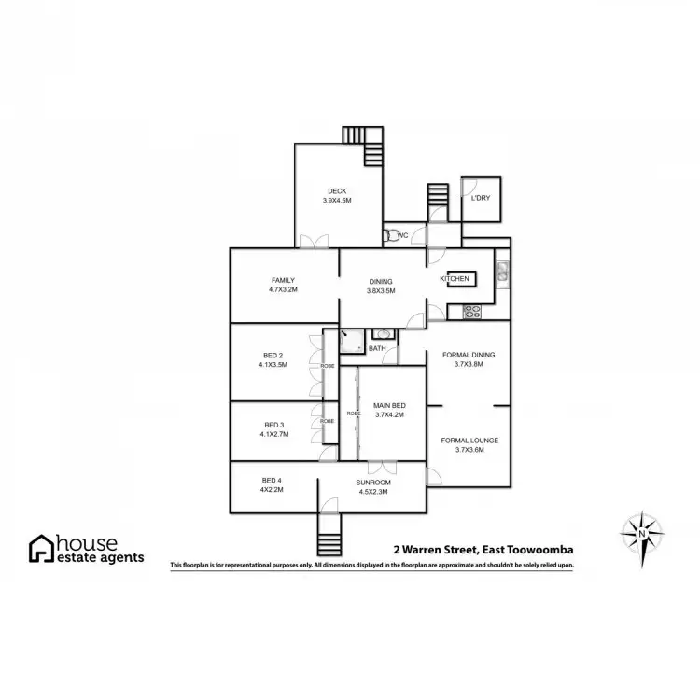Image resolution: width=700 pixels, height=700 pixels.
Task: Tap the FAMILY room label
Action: click(284, 280)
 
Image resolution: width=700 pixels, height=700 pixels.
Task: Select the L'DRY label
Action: click(481, 198)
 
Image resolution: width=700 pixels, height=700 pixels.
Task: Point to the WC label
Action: click(403, 235)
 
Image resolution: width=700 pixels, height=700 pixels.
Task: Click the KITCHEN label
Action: click(454, 279)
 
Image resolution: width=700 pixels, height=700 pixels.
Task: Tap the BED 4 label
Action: click(271, 481)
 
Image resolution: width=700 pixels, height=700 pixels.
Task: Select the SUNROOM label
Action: click(372, 482)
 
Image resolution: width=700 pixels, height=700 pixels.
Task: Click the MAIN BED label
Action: click(388, 406)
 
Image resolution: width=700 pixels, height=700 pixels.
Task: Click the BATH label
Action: click(377, 348)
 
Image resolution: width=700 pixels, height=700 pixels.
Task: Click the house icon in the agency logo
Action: click(41, 548)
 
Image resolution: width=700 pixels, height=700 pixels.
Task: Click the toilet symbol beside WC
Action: click(392, 235)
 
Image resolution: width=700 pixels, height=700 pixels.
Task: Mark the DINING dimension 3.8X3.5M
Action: click(380, 291)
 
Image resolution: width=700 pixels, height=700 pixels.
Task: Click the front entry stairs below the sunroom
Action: click(329, 537)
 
